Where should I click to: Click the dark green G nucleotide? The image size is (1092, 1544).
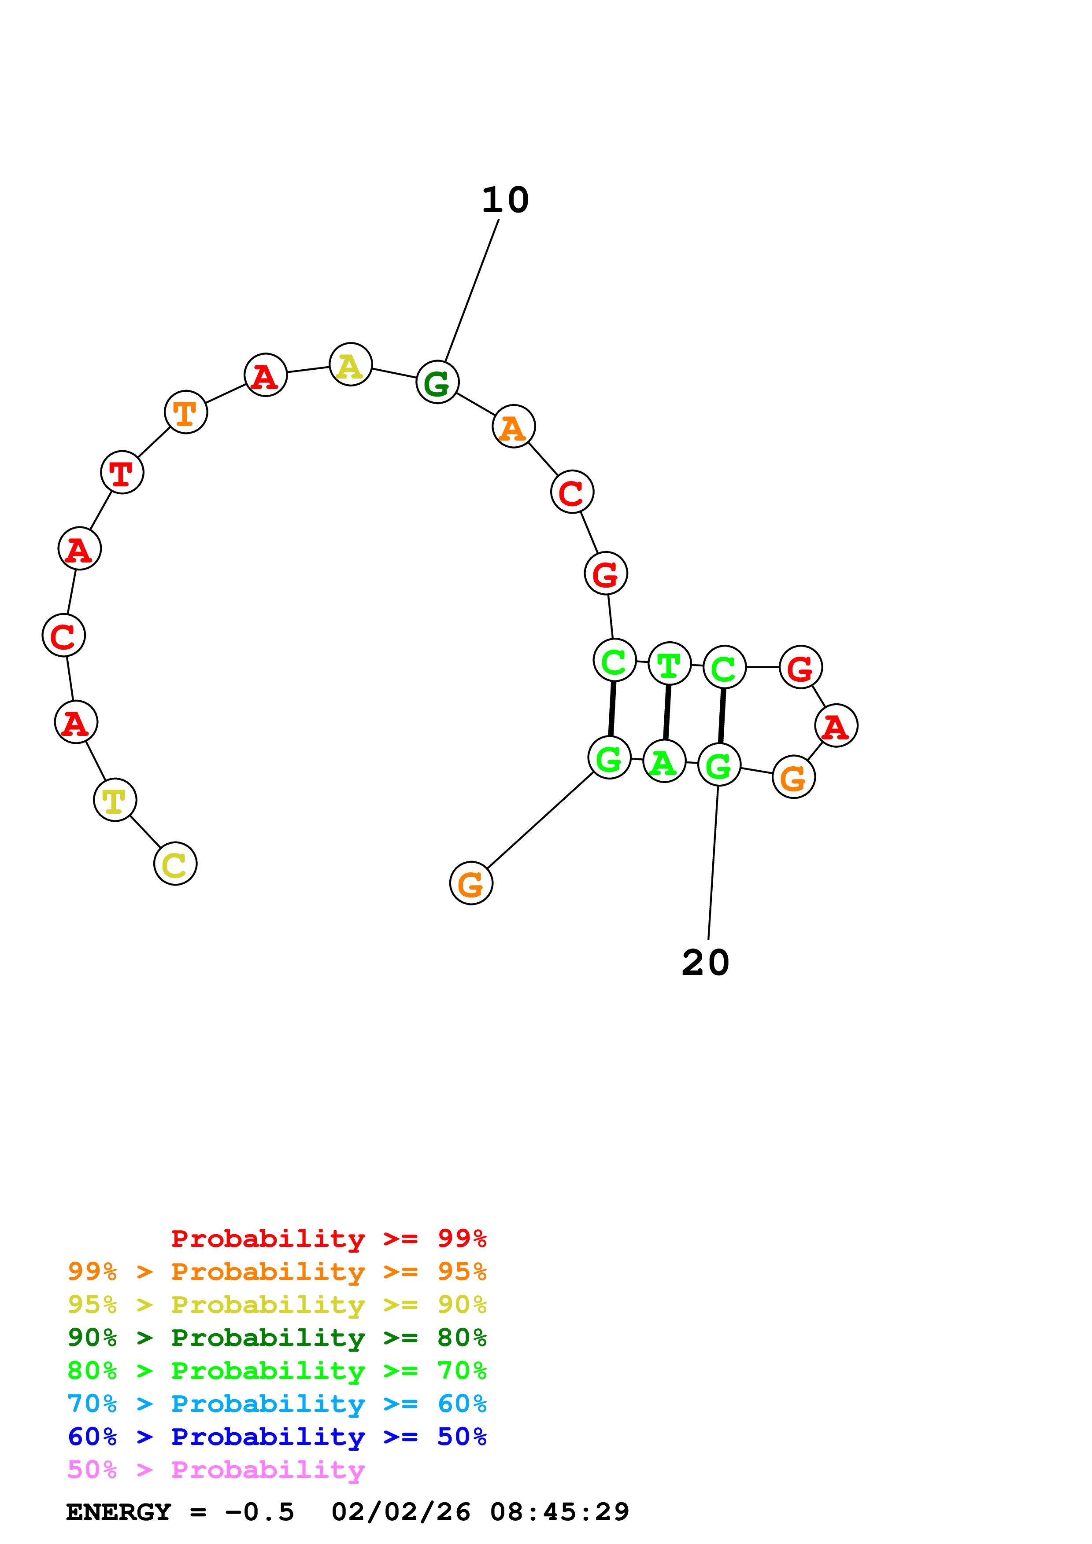point(437,382)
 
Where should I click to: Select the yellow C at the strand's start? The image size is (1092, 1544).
point(175,864)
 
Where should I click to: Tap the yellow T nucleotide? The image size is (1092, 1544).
point(115,800)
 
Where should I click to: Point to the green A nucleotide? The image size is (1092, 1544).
point(664,761)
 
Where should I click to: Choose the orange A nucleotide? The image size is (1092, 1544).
point(513,426)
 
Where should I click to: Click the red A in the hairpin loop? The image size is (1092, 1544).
point(836,726)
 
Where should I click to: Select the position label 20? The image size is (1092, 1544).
point(705,963)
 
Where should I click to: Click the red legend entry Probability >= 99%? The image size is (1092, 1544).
point(328,1239)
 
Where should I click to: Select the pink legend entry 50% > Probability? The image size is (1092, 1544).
point(216,1470)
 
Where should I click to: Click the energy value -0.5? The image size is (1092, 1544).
point(259,1512)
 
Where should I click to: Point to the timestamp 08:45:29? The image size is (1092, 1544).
point(559,1512)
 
